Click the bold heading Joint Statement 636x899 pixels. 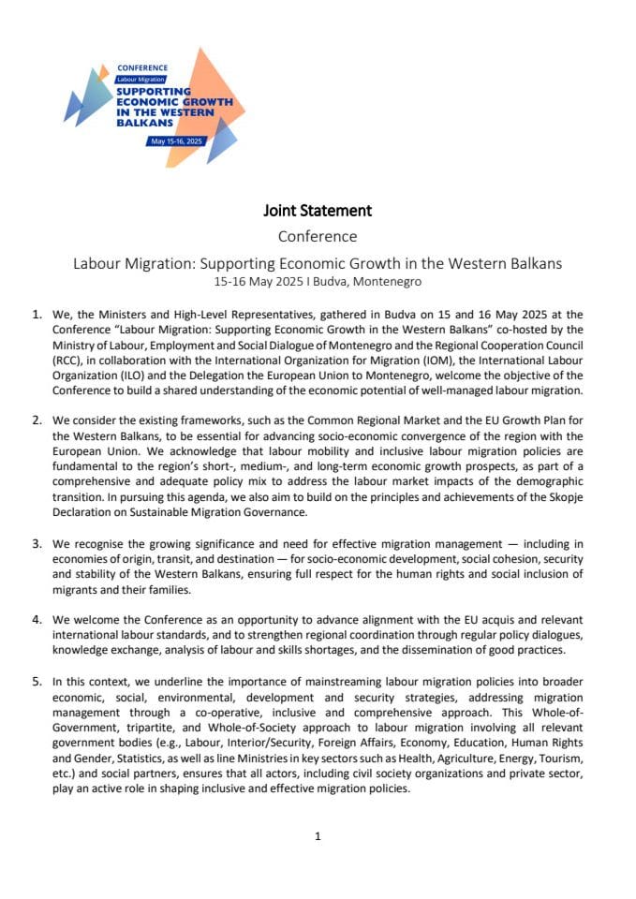pyautogui.click(x=318, y=211)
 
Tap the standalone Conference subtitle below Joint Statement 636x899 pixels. pyautogui.click(x=318, y=237)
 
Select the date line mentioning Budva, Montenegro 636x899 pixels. pyautogui.click(x=318, y=281)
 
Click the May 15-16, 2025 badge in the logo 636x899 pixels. pyautogui.click(x=175, y=140)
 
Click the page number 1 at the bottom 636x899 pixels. pyautogui.click(x=318, y=836)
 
